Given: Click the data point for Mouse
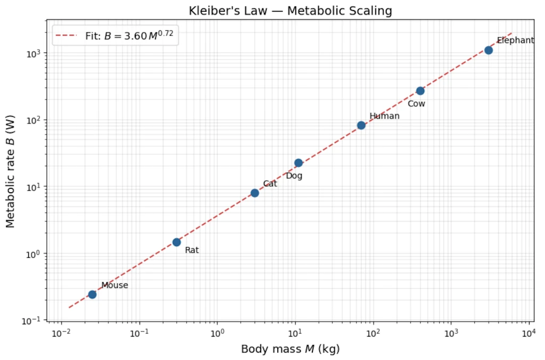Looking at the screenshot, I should [x=92, y=294].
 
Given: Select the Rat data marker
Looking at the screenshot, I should [x=177, y=242].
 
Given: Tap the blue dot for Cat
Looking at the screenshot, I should [x=255, y=193].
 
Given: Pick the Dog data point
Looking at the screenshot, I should [x=299, y=163].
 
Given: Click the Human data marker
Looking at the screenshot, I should [x=361, y=125].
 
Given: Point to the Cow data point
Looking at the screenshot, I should [x=420, y=91].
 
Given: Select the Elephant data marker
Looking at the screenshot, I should [x=489, y=50].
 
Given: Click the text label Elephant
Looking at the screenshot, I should [x=515, y=40].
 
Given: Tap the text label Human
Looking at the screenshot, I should [x=384, y=116].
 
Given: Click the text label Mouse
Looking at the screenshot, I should [x=115, y=285].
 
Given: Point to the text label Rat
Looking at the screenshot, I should [x=192, y=250].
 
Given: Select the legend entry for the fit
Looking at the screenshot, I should [x=115, y=36].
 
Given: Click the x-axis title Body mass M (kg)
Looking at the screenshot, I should [x=290, y=349].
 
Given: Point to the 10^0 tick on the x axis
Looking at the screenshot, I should [x=217, y=333].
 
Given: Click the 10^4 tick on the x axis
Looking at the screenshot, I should [x=529, y=333].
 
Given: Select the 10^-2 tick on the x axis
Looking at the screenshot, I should [x=61, y=333].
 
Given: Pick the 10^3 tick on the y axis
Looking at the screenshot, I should [x=34, y=54].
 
